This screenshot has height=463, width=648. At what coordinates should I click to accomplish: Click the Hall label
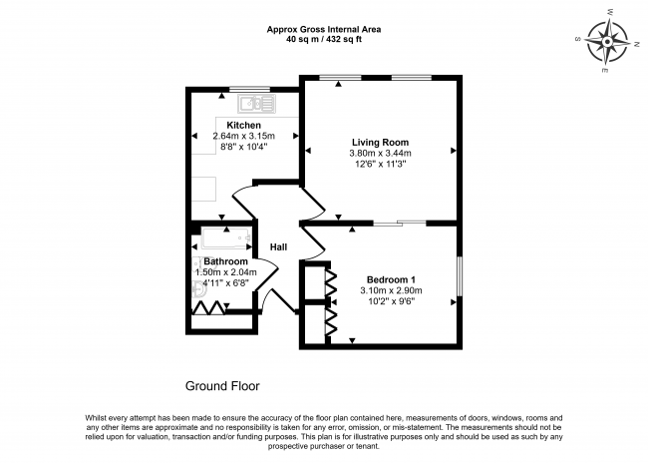click(279, 246)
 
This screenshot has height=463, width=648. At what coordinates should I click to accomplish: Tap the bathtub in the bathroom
click(227, 238)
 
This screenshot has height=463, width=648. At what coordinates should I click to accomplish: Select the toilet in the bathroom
click(198, 288)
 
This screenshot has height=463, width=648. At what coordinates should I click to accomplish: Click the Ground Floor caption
click(223, 385)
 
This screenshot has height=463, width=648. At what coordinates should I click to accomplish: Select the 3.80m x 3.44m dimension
click(380, 154)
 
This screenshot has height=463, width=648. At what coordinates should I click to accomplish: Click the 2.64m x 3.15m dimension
click(236, 137)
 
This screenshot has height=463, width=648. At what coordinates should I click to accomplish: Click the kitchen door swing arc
click(245, 200)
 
